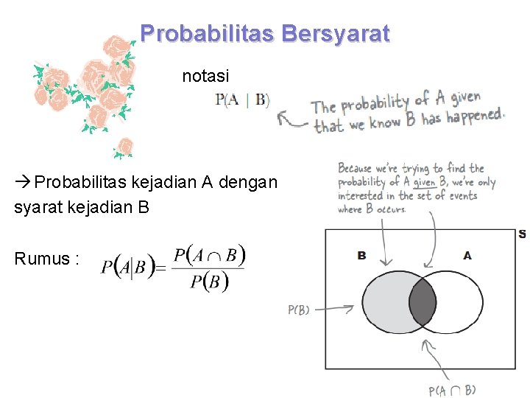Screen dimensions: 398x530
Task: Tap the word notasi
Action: coord(205,75)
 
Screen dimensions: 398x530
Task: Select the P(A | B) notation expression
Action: coord(242,101)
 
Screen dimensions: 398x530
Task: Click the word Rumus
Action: coord(43,259)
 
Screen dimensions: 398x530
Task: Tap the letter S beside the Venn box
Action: coord(521,234)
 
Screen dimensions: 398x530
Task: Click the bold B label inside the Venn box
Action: coord(361,256)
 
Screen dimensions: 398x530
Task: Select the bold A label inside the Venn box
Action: coord(467,256)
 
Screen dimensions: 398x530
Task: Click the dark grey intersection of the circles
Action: coord(422,302)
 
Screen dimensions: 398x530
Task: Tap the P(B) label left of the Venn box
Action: coord(298,310)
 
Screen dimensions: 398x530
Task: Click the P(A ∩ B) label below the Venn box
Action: coord(452,390)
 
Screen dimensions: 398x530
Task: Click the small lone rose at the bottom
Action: coord(125,147)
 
